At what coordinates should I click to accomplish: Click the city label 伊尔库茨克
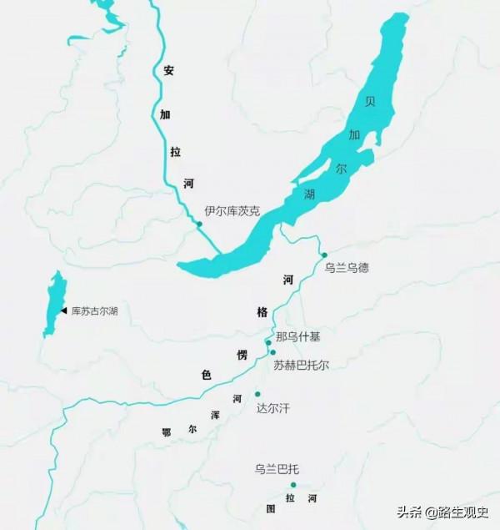click(x=232, y=212)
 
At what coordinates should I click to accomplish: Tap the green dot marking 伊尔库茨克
click(x=199, y=224)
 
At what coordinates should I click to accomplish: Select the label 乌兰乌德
click(x=346, y=268)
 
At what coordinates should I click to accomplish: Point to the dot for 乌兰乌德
click(x=324, y=255)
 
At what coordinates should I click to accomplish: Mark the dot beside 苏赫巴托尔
click(x=272, y=352)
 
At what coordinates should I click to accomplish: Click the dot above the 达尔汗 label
click(x=257, y=394)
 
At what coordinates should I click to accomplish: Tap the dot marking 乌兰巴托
click(x=292, y=484)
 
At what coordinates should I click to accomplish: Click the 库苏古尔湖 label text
click(x=94, y=311)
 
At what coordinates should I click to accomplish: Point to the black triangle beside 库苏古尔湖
click(x=63, y=310)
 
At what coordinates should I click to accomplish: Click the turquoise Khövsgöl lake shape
click(x=53, y=305)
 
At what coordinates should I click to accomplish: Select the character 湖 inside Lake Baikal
click(x=310, y=195)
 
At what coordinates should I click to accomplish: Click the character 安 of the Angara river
click(x=167, y=71)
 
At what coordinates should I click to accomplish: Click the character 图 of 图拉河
click(x=270, y=507)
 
